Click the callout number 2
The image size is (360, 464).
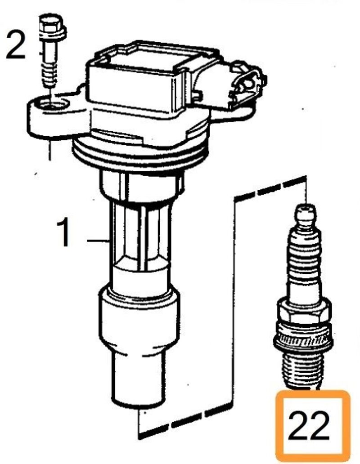point(16,45)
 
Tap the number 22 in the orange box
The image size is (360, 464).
point(308,425)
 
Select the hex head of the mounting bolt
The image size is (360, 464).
point(52,27)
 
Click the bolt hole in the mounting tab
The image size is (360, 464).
point(51,104)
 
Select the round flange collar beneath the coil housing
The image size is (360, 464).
point(139,156)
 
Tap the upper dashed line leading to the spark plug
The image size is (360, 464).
point(270,188)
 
